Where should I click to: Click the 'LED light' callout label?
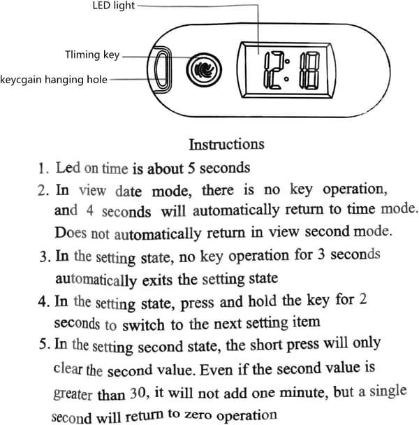click(x=114, y=6)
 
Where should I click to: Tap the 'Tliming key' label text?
click(x=92, y=55)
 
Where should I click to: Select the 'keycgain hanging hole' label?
click(x=54, y=80)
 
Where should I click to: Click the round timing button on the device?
click(x=204, y=70)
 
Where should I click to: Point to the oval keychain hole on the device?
click(x=162, y=70)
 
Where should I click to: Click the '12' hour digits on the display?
click(x=273, y=70)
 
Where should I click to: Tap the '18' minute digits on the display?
click(x=309, y=71)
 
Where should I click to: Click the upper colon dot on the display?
click(x=287, y=61)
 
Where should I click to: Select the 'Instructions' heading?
click(x=226, y=144)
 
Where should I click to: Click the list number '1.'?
click(x=43, y=168)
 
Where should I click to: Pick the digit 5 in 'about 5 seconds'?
click(x=191, y=168)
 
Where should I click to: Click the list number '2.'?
click(x=43, y=190)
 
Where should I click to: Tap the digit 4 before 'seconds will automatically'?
click(x=90, y=210)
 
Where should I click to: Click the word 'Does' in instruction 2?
click(x=71, y=233)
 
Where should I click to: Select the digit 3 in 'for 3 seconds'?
click(x=321, y=254)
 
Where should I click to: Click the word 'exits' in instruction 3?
click(x=157, y=280)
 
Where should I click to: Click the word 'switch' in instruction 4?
click(x=143, y=325)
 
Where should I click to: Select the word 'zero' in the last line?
click(x=198, y=415)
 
